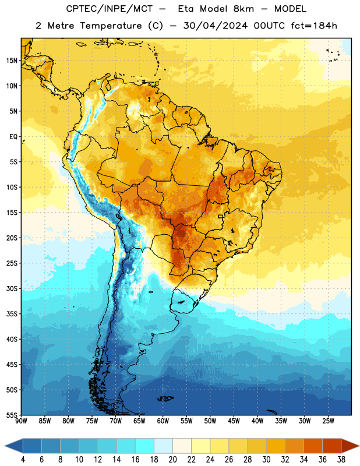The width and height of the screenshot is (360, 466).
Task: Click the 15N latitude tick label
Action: click(x=12, y=61)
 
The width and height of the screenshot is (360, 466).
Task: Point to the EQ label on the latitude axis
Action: click(x=13, y=137)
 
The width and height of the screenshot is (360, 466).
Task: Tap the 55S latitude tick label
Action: click(x=12, y=415)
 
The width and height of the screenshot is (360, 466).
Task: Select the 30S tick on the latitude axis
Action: click(x=12, y=288)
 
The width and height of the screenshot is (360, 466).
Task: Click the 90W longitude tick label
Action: click(x=21, y=421)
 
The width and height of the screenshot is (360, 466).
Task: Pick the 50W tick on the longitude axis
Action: click(x=210, y=421)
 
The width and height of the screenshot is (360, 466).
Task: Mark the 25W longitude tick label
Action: click(x=328, y=421)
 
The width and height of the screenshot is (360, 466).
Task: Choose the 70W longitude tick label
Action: click(x=116, y=421)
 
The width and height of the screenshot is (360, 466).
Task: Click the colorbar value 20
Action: click(x=172, y=460)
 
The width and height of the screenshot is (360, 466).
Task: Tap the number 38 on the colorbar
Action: click(x=341, y=460)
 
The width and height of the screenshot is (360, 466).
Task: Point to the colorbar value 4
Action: click(x=23, y=460)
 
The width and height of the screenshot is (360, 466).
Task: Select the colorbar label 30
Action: click(x=266, y=460)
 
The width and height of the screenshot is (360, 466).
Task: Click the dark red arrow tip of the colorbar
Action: click(x=358, y=446)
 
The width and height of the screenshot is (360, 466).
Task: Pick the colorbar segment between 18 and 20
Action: click(x=163, y=446)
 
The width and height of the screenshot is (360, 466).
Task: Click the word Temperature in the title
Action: click(x=111, y=26)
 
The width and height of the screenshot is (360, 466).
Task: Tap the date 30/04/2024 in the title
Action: click(x=215, y=26)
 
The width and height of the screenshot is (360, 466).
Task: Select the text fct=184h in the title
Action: click(x=314, y=26)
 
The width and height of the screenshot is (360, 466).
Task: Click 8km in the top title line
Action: click(x=243, y=9)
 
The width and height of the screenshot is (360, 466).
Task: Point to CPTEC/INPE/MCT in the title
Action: click(x=109, y=9)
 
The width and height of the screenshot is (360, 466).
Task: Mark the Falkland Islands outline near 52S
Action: click(x=165, y=398)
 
